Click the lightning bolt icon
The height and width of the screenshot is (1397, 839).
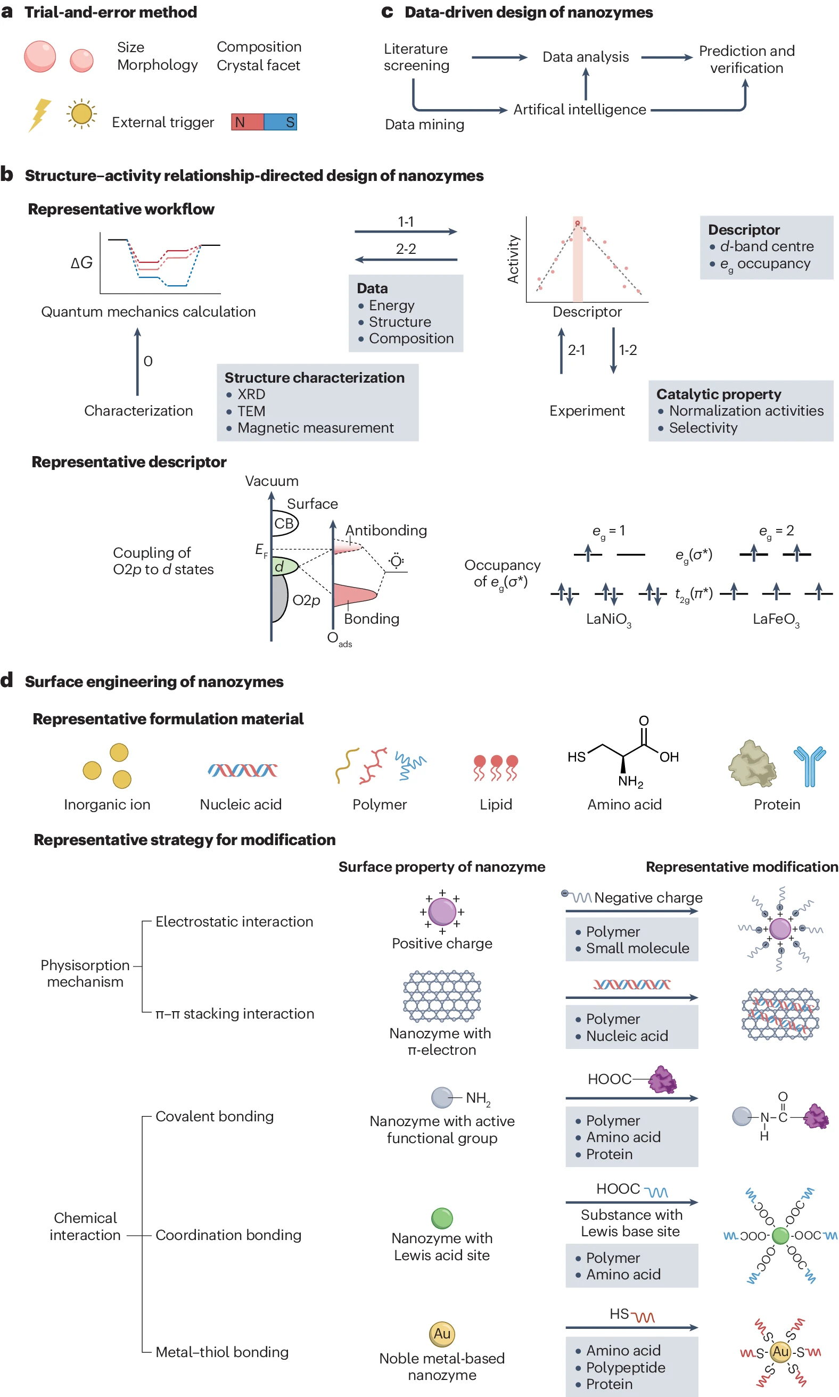[x=39, y=115]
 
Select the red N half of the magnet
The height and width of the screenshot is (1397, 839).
[x=247, y=122]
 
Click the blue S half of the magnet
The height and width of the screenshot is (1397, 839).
[x=281, y=122]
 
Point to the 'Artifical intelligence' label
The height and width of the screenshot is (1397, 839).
[x=580, y=110]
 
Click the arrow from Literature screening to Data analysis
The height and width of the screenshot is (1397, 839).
[x=499, y=57]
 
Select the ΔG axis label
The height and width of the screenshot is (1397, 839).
[x=81, y=263]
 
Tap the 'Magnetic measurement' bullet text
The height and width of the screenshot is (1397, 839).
[x=316, y=428]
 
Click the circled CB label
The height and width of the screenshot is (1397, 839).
[x=284, y=523]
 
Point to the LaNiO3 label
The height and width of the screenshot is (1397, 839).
[x=608, y=619]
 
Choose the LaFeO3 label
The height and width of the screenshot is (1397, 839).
[x=776, y=619]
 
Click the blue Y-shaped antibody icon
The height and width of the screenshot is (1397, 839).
[x=810, y=766]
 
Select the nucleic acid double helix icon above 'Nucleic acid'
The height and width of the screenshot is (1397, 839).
[x=242, y=770]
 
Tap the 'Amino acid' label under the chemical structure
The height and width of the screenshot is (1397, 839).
[x=624, y=804]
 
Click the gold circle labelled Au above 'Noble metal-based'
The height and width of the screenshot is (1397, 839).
[x=442, y=1334]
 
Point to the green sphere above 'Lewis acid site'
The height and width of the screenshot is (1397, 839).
[x=442, y=1218]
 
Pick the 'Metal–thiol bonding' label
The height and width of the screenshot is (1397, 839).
[x=221, y=1352]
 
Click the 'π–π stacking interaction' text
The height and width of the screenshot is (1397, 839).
[x=235, y=1013]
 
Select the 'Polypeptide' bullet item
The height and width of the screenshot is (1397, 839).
[x=626, y=1367]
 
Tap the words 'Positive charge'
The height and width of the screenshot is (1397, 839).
[x=442, y=943]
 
